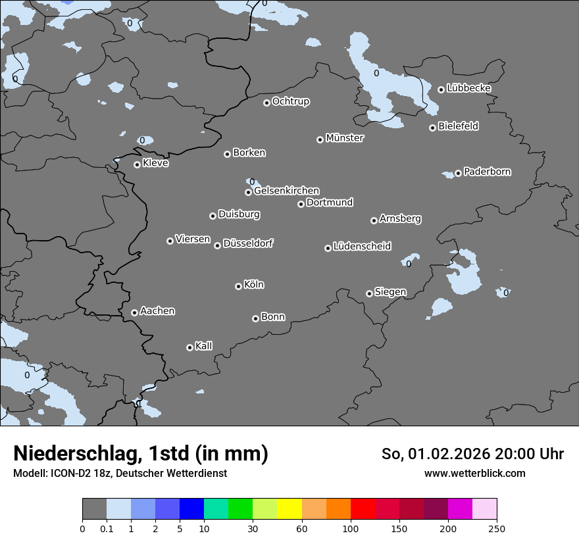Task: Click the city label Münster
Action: (345, 138)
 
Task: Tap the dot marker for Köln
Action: (238, 286)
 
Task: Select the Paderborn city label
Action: (487, 172)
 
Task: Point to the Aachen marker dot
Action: (134, 312)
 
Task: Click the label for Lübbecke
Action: (468, 88)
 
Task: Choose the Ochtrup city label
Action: (290, 101)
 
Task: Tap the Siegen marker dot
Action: (369, 293)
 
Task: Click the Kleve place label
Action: (155, 163)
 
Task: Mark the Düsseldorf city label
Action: (248, 243)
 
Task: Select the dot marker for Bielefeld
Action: (432, 128)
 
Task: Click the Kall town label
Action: (203, 346)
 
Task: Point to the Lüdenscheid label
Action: (362, 247)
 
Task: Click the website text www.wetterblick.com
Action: (474, 473)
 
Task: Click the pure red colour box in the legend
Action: (363, 509)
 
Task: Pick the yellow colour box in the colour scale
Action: (289, 509)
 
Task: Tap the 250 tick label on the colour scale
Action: (497, 528)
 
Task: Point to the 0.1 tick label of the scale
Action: (107, 528)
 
